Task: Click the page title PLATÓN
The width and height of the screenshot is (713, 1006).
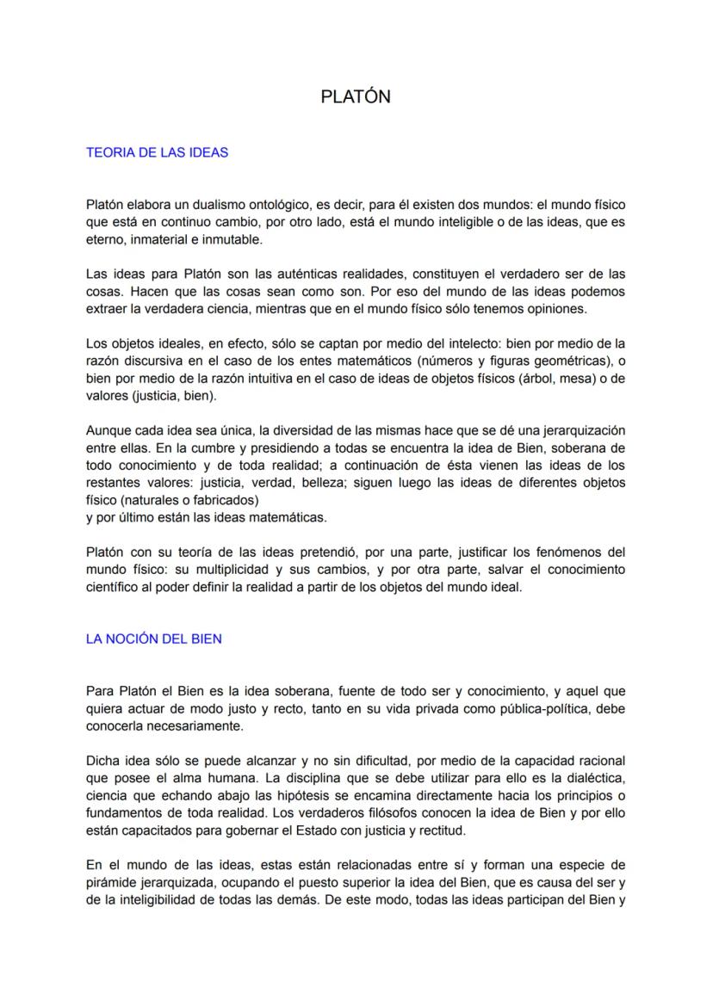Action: pos(356,96)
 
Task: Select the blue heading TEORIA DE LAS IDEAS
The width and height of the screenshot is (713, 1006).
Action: pos(157,152)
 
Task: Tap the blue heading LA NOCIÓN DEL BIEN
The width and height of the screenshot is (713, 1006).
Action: pos(154,639)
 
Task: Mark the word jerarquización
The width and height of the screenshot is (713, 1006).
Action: pos(573,430)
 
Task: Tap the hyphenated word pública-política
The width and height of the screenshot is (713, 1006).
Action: pos(542,708)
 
